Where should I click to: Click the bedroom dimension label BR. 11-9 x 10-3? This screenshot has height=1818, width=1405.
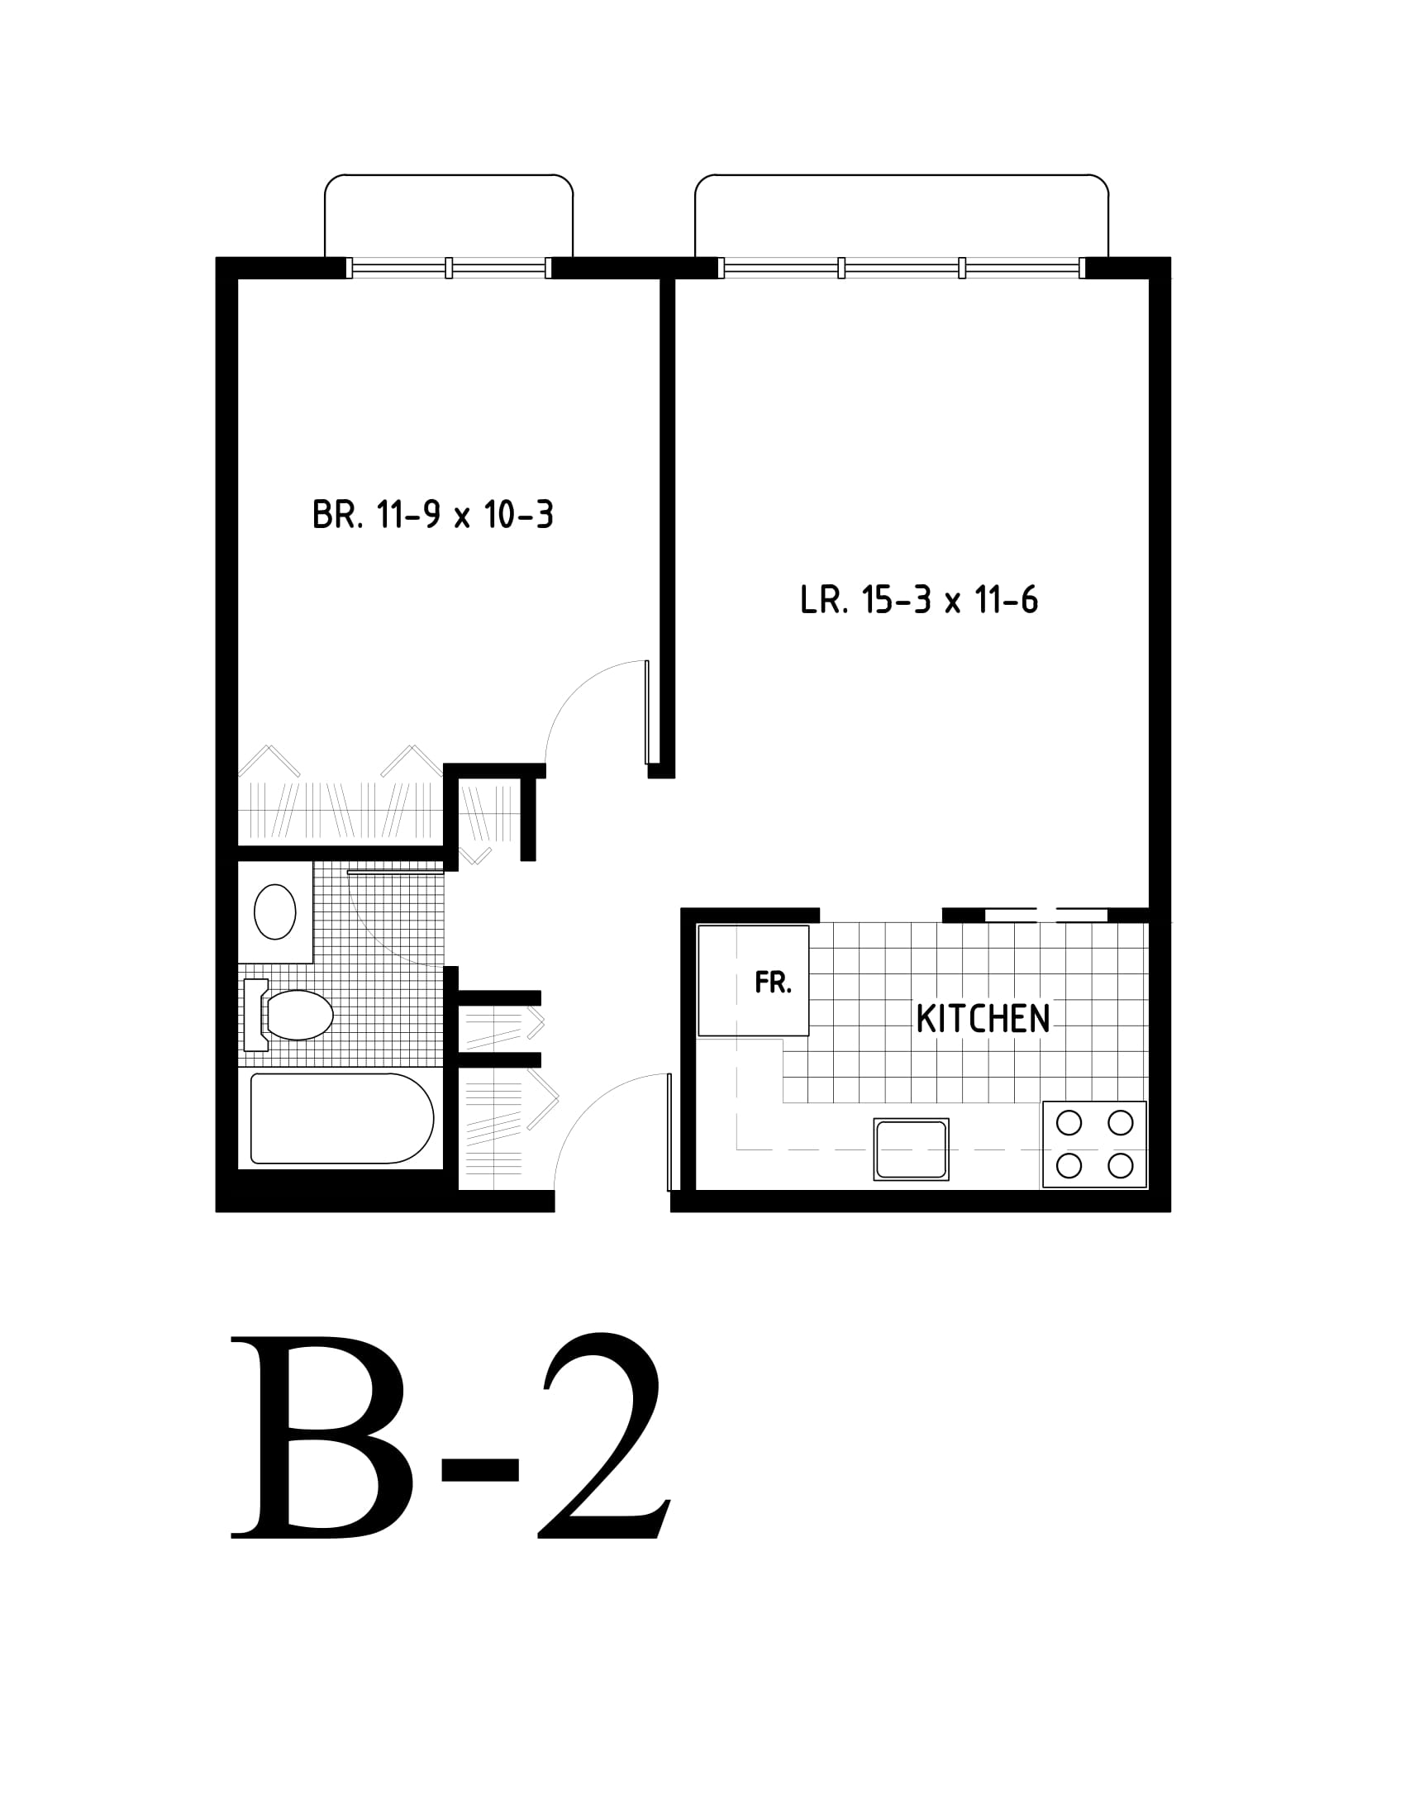coord(433,515)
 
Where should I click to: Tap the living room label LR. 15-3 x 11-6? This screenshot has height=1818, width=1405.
coord(919,599)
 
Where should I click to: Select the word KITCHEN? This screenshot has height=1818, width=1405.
coord(983,1019)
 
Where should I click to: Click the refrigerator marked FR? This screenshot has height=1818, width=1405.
coord(753,981)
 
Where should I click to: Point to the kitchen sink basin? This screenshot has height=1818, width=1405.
coord(912,1149)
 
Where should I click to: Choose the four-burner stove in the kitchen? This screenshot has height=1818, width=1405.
coord(1094,1145)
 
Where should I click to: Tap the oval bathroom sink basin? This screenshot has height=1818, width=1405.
coord(274,911)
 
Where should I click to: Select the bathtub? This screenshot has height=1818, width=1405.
coord(342,1118)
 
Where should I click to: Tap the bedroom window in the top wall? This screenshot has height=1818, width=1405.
coord(449,267)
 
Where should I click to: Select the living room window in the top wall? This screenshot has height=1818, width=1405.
coord(902,267)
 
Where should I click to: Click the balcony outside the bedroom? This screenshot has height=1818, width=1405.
coord(449,216)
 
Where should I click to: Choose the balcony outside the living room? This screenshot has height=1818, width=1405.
coord(902,216)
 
